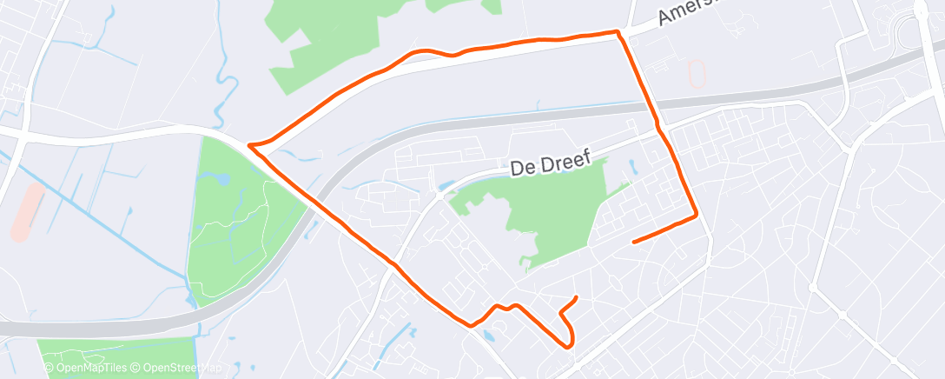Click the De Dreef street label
coord(551,163)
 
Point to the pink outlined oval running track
coord(697,73)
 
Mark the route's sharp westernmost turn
coord(250,145)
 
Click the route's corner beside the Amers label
coord(618,32)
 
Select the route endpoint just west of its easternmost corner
coord(634,241)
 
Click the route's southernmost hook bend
coord(570,345)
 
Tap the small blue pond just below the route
coord(486,334)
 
